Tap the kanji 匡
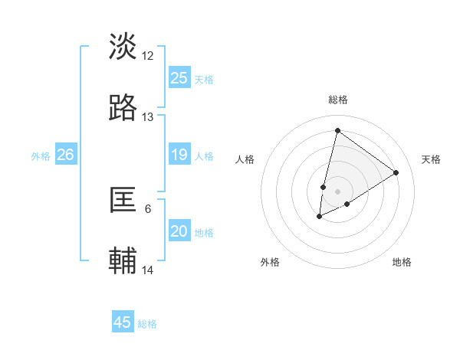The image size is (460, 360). [123, 200]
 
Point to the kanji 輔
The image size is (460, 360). [123, 261]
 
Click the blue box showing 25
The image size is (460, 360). [179, 78]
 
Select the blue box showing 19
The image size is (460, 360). [179, 155]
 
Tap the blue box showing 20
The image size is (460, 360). [179, 232]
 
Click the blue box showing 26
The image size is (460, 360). [65, 155]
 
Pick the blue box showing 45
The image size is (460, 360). [123, 322]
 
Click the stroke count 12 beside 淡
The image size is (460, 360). [148, 55]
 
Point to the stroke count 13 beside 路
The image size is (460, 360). [148, 117]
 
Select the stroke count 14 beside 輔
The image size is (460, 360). [148, 270]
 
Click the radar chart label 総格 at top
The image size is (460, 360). [337, 100]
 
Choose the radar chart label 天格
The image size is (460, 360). [431, 159]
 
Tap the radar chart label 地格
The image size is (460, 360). [402, 262]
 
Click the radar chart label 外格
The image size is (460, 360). [270, 262]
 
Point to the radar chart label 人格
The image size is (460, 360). [245, 159]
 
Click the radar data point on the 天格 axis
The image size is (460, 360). [396, 172]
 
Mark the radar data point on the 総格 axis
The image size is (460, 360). [337, 130]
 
